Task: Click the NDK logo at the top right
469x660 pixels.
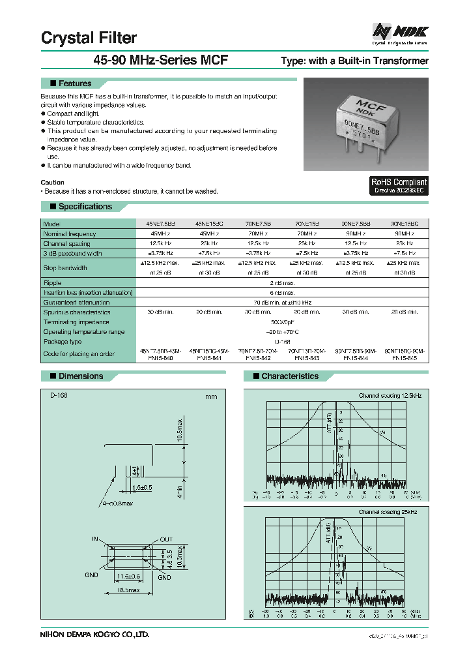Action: click(401, 31)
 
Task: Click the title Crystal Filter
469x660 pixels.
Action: click(89, 37)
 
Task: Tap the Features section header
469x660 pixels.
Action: click(74, 83)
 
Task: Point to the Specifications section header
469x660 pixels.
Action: click(85, 207)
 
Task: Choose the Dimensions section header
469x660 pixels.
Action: click(80, 376)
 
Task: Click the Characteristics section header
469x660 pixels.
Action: click(289, 376)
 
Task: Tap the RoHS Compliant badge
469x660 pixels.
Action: click(399, 186)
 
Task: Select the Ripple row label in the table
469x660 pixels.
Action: click(53, 283)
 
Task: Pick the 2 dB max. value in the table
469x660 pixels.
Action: click(282, 283)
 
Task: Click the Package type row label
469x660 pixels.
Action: click(63, 341)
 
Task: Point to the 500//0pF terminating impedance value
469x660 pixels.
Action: click(282, 322)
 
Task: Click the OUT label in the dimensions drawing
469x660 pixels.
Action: click(165, 539)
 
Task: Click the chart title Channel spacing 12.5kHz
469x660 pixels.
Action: click(390, 396)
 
